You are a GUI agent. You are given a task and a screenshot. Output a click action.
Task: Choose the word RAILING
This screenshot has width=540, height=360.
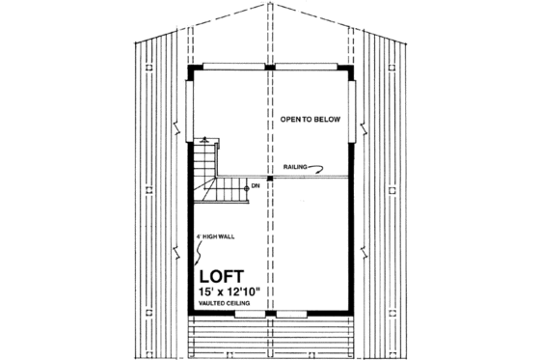(294, 166)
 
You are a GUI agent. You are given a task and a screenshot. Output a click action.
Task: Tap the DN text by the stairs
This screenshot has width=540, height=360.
(255, 185)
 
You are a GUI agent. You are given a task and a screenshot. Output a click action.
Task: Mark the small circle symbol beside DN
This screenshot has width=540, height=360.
(246, 186)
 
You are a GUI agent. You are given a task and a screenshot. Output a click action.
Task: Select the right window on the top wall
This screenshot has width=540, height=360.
(306, 66)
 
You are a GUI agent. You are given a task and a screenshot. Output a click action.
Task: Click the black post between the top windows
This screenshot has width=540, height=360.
(271, 66)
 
